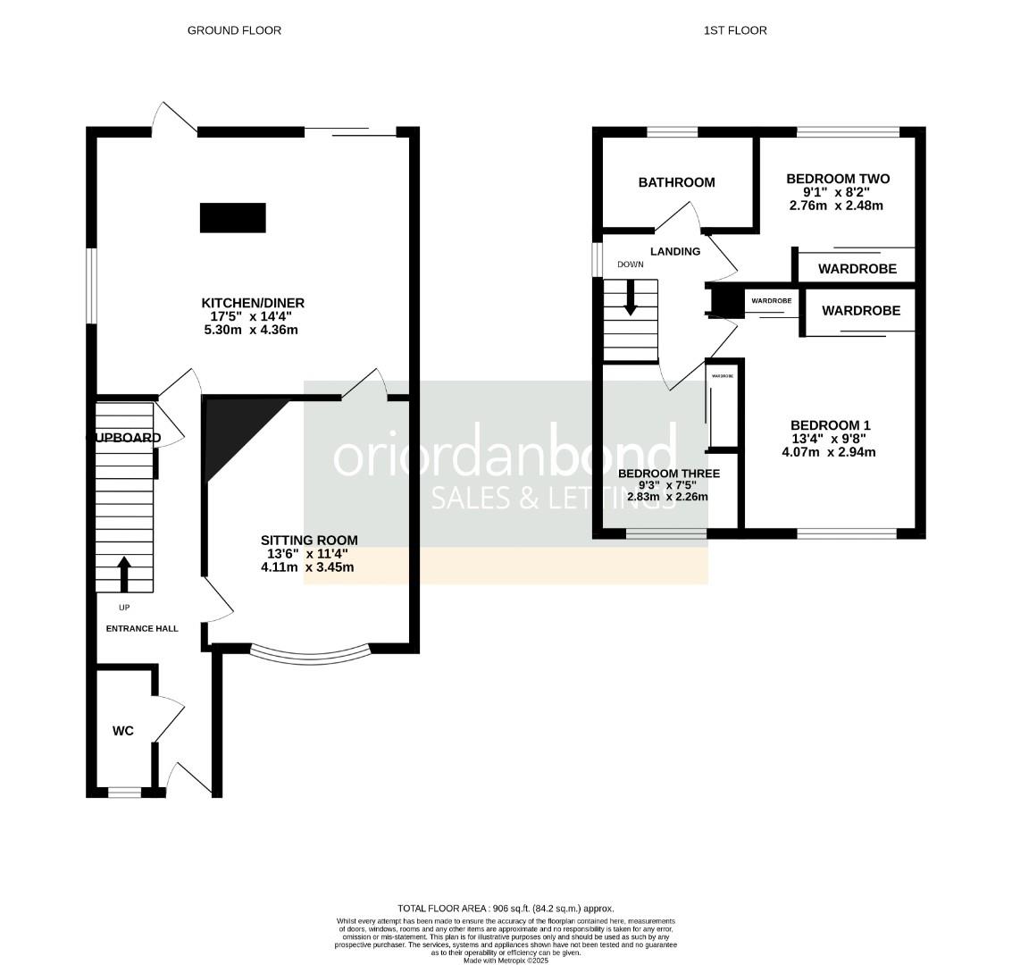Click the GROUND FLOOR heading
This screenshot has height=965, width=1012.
pyautogui.click(x=234, y=30)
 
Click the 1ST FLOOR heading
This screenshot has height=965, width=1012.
pyautogui.click(x=735, y=30)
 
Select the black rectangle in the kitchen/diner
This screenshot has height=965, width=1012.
pyautogui.click(x=232, y=218)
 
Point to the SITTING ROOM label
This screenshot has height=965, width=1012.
pyautogui.click(x=309, y=540)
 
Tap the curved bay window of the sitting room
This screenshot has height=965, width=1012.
pyautogui.click(x=309, y=656)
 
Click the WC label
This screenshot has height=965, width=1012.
pyautogui.click(x=123, y=731)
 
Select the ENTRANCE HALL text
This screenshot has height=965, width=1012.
pyautogui.click(x=142, y=628)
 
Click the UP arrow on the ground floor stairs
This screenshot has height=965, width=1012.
pyautogui.click(x=124, y=574)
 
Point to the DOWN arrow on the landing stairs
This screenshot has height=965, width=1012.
pyautogui.click(x=631, y=298)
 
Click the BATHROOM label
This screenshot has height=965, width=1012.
pyautogui.click(x=676, y=182)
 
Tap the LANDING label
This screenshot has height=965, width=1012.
pyautogui.click(x=675, y=251)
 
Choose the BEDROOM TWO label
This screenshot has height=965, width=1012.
pyautogui.click(x=838, y=179)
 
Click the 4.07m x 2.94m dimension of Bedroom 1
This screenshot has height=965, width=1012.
pyautogui.click(x=828, y=452)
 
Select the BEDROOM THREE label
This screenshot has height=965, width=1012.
pyautogui.click(x=668, y=474)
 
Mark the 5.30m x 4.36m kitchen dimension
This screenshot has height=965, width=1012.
pyautogui.click(x=251, y=330)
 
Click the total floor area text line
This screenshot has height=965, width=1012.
pyautogui.click(x=506, y=908)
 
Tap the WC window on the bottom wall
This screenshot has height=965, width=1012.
pyautogui.click(x=124, y=792)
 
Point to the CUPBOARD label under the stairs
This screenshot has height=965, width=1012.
pyautogui.click(x=124, y=438)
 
